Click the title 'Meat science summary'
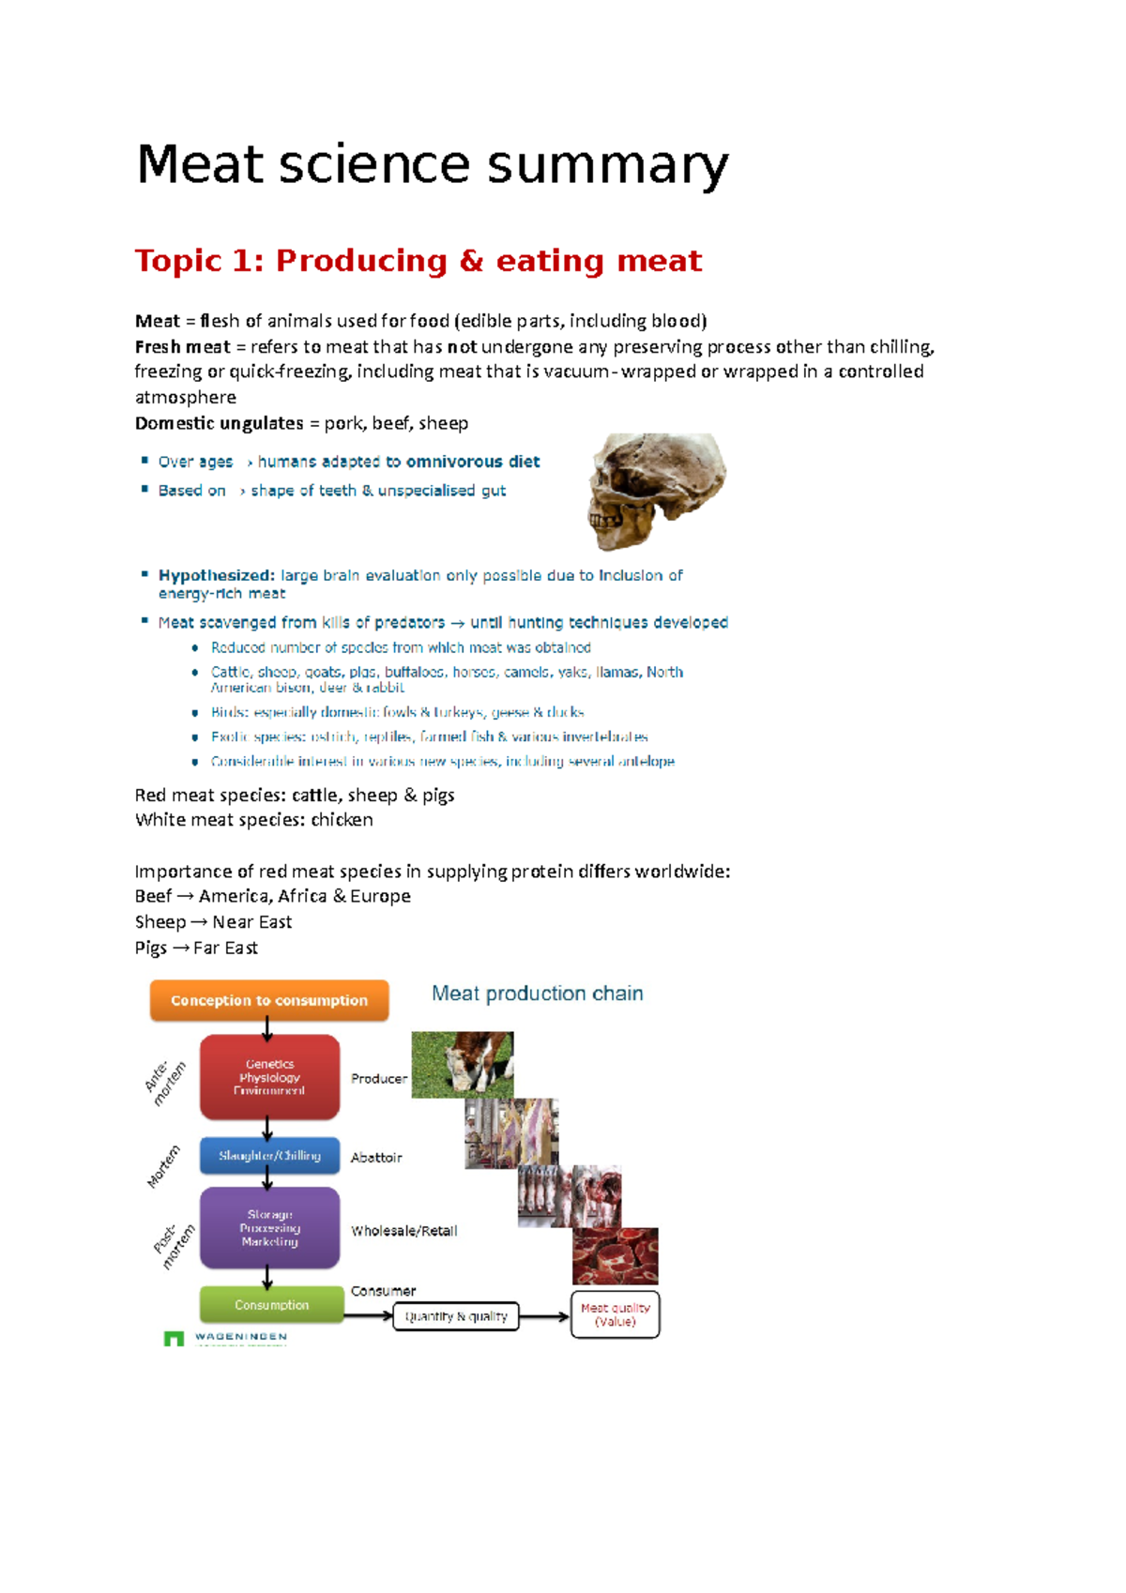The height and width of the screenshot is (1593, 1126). (432, 165)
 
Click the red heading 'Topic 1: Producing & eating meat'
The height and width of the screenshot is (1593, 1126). (418, 261)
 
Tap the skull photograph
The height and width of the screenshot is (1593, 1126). (657, 490)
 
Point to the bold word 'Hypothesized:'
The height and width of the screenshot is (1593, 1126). (216, 575)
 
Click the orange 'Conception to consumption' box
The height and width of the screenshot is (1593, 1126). (269, 1000)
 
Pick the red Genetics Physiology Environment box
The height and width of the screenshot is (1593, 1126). (269, 1077)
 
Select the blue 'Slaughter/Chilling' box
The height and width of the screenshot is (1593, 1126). (269, 1156)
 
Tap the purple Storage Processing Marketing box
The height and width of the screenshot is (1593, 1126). (269, 1228)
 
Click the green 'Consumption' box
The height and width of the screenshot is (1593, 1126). (271, 1305)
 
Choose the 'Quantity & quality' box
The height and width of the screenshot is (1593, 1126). (455, 1316)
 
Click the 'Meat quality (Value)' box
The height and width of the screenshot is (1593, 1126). (615, 1314)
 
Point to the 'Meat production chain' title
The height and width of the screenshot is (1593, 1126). (537, 994)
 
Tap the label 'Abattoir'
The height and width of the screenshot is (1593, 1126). (376, 1158)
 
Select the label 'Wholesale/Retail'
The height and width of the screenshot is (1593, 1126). (403, 1231)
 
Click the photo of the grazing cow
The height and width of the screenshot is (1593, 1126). (463, 1065)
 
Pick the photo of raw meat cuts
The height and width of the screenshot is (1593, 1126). (616, 1256)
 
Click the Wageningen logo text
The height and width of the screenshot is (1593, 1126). (240, 1337)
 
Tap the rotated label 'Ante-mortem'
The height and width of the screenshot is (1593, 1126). (165, 1083)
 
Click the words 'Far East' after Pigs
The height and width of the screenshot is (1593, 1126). (225, 948)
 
